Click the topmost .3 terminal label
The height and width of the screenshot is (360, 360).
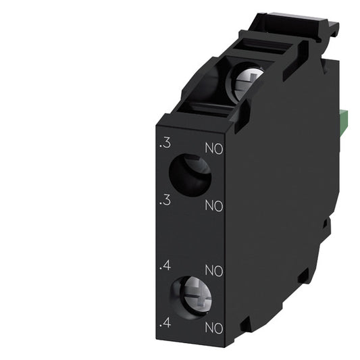[x=163, y=144]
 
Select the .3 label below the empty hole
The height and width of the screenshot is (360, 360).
[x=163, y=201]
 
